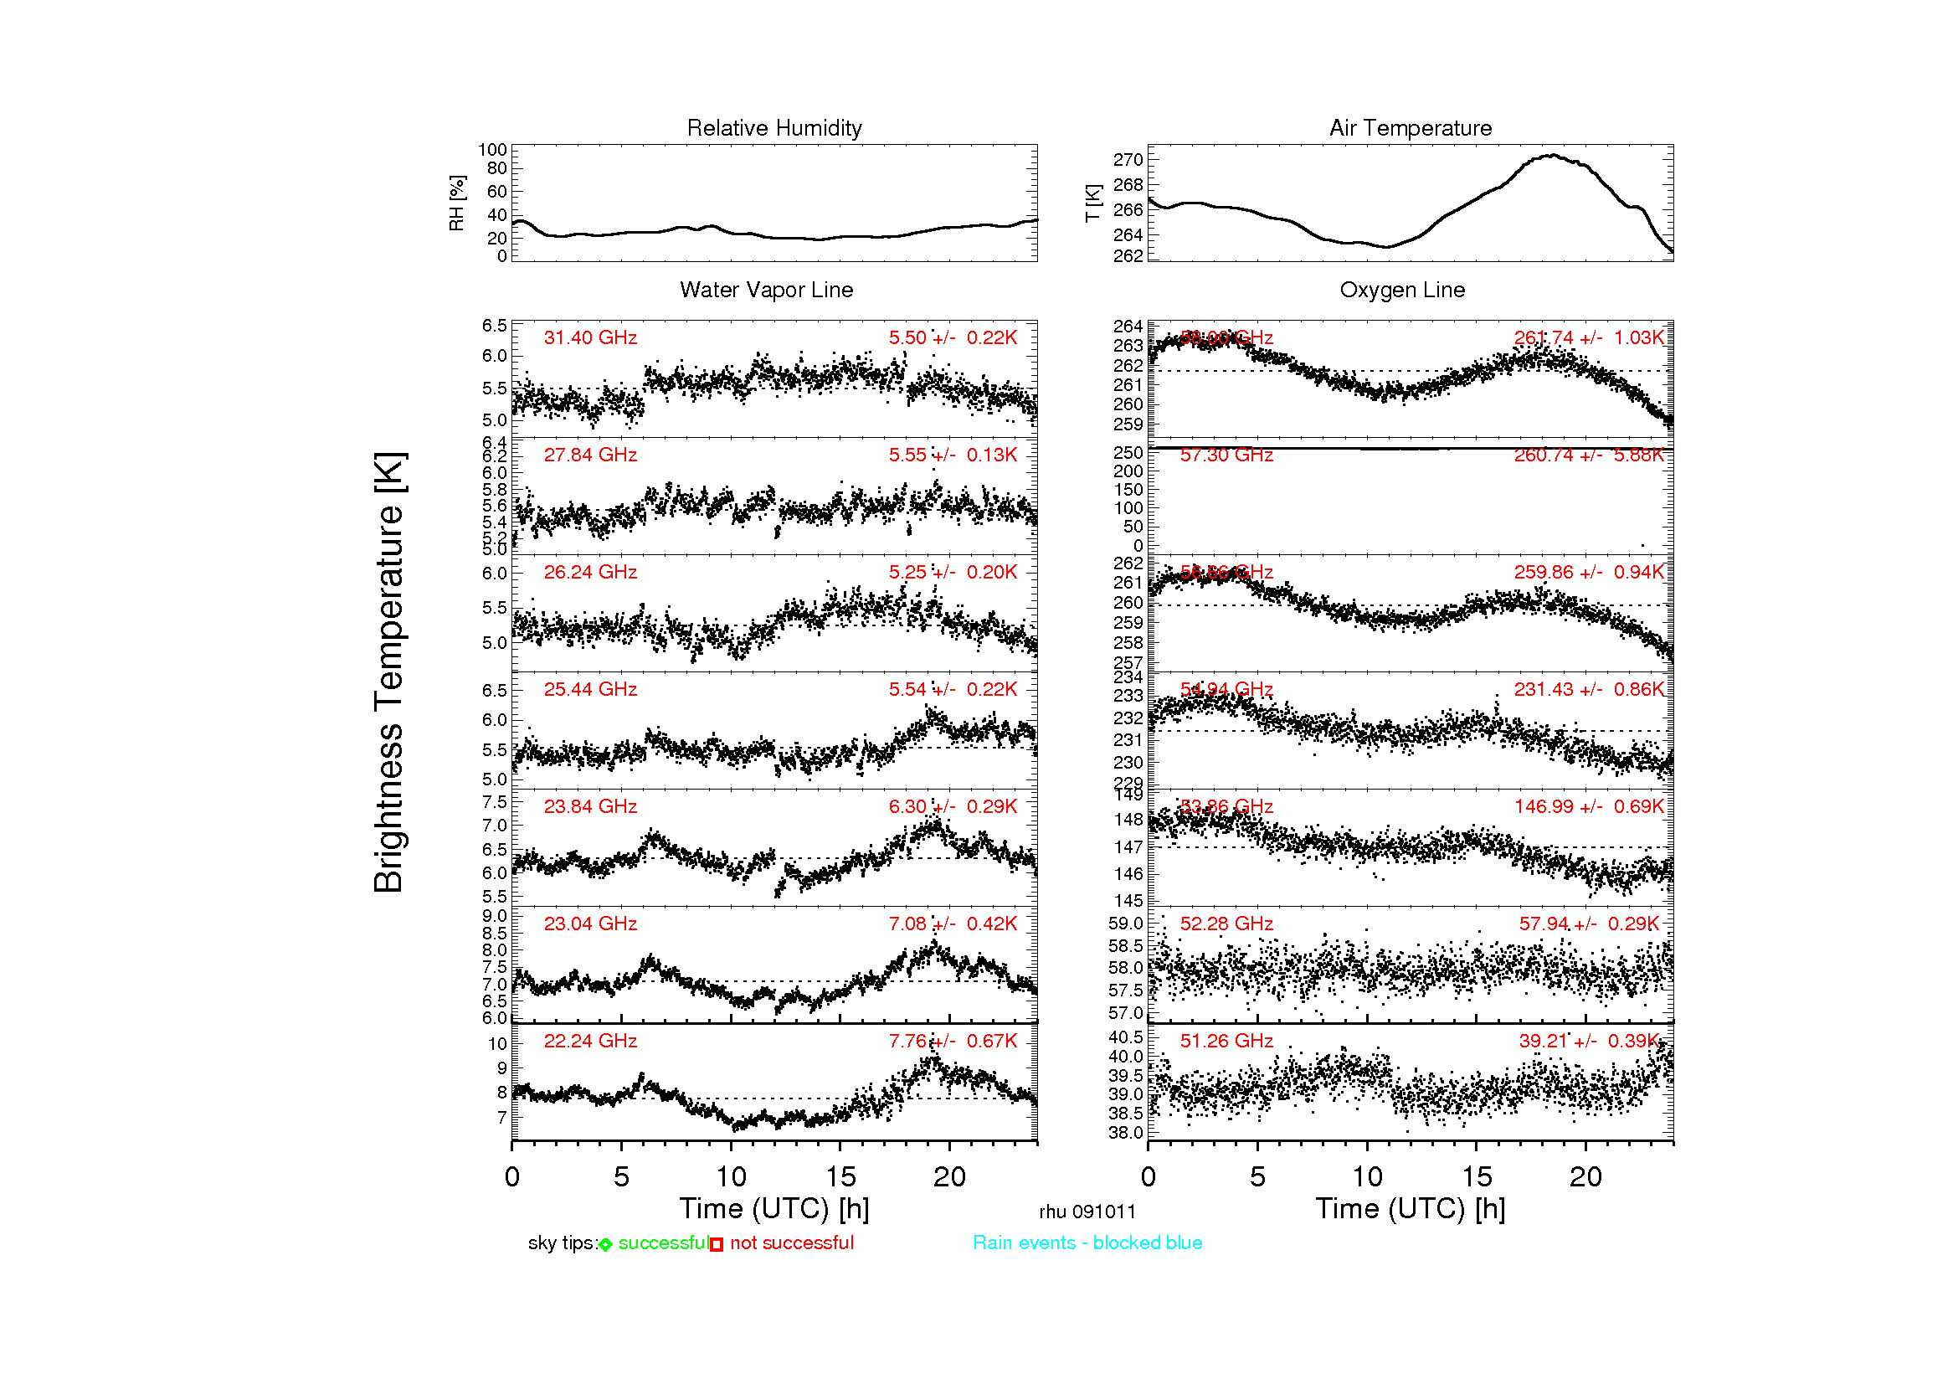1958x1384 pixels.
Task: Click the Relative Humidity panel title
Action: [774, 128]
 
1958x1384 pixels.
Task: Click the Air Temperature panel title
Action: [1411, 128]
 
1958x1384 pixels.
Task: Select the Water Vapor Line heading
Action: [766, 290]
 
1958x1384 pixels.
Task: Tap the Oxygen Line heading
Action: [1402, 290]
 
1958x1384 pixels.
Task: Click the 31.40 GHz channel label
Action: [590, 337]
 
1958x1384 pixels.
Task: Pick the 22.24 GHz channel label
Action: [590, 1042]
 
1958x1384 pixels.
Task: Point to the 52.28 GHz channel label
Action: [1226, 924]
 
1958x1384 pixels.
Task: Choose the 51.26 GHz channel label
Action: [1226, 1042]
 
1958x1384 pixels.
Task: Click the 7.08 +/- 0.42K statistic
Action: [953, 924]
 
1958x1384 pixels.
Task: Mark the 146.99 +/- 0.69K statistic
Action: [1589, 806]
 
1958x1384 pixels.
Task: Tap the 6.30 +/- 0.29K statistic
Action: [953, 806]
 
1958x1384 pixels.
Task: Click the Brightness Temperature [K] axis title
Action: [389, 673]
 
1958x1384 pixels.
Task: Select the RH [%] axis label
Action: [457, 203]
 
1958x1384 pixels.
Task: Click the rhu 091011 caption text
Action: [1087, 1212]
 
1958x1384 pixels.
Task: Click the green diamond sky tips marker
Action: [605, 1245]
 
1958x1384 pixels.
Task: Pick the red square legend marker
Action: [717, 1245]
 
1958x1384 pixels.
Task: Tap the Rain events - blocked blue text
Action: [1087, 1243]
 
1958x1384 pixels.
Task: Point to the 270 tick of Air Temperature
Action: [1128, 160]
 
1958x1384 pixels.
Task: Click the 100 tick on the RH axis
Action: [492, 150]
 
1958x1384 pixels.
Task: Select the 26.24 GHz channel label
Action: [590, 572]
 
